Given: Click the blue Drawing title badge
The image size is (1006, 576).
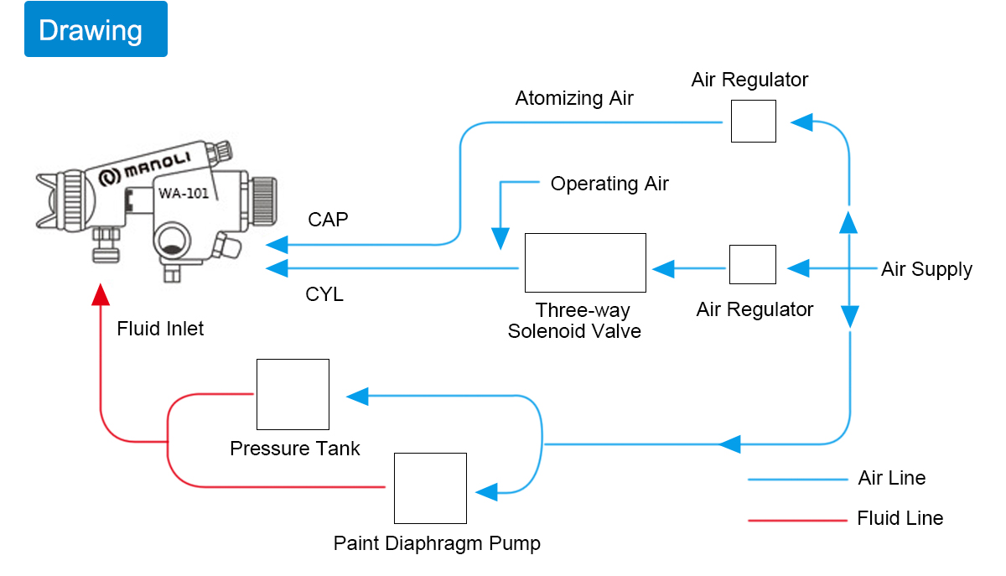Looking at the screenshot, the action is click(x=96, y=29).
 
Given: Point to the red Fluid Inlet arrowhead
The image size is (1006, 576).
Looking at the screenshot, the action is click(x=101, y=295).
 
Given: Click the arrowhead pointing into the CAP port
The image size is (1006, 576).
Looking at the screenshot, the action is click(x=277, y=245).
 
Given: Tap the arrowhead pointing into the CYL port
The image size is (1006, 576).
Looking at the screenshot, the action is click(x=277, y=268).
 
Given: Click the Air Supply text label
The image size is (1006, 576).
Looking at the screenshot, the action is click(x=926, y=270).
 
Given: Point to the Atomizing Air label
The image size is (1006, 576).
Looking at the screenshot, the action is click(x=574, y=98).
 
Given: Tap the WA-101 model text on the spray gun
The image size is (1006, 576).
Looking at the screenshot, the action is click(x=184, y=193).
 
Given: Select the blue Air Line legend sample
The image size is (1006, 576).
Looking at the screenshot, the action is click(x=797, y=480).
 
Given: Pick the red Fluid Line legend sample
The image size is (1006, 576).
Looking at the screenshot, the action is click(x=797, y=521).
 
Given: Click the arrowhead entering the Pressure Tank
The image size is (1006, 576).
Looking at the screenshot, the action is click(x=357, y=397).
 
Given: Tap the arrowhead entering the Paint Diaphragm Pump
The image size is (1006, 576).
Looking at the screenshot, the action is click(x=486, y=492).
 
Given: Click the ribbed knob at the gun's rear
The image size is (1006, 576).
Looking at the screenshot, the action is click(x=263, y=201).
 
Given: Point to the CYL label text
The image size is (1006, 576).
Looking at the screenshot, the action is click(x=324, y=295).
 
